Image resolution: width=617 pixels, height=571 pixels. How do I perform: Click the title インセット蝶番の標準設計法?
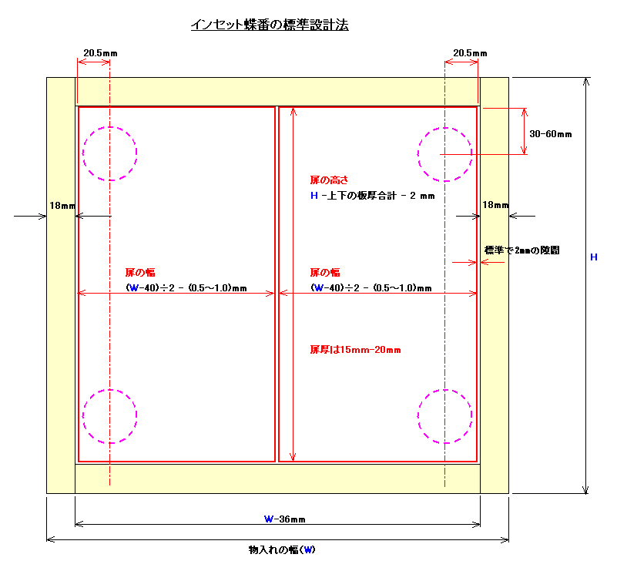pos(270,25)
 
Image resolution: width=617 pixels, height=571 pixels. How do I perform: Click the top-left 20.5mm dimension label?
pos(100,53)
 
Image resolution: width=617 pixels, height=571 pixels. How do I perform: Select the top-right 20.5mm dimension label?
pos(470,53)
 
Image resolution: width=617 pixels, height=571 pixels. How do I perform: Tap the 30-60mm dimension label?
pos(551,134)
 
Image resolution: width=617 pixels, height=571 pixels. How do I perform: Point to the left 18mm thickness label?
pos(62,206)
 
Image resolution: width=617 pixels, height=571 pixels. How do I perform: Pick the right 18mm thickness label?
pos(495,205)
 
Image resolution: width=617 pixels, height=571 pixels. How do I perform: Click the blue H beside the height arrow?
pos(594,257)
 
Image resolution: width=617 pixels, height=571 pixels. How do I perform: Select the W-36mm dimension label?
pos(284,519)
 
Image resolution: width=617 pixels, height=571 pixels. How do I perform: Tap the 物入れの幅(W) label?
pos(282,549)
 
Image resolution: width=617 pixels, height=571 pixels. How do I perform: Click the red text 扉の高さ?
pos(329,180)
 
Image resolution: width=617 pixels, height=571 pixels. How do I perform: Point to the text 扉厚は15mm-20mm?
pos(355,349)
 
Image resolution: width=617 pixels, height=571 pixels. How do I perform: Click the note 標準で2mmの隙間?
pos(521,250)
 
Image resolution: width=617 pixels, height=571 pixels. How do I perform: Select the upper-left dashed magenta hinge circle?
pos(110,126)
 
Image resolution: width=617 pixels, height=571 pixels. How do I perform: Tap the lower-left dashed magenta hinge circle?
pos(110,390)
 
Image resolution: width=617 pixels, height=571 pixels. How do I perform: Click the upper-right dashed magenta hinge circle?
pos(445,128)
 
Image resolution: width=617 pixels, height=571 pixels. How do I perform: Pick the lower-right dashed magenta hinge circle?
pos(445,390)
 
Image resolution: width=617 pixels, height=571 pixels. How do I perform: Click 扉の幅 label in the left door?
pos(140,272)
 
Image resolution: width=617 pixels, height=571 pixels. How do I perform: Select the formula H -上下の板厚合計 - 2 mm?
pos(373,196)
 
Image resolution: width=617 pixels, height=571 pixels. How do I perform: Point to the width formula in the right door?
pos(371,287)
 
